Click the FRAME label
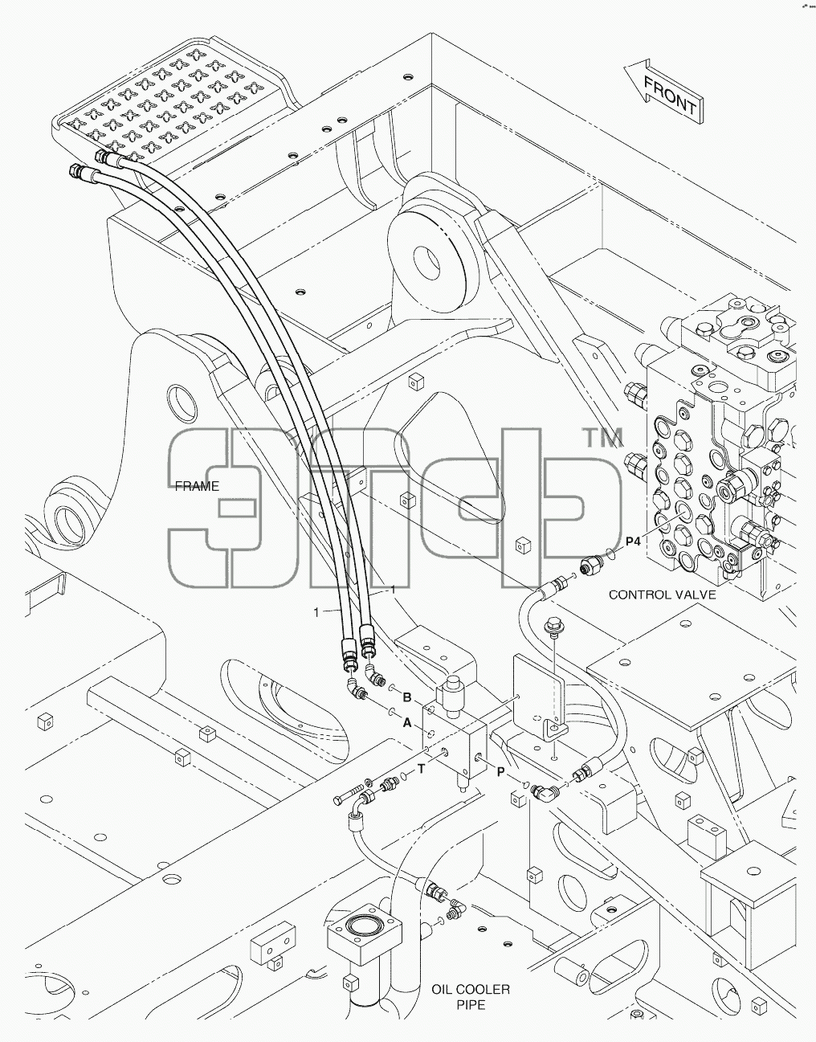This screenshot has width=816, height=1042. pos(197,486)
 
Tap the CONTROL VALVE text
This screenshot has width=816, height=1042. pos(662,595)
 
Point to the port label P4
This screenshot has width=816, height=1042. pos(633,541)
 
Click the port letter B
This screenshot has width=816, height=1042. pos(407,697)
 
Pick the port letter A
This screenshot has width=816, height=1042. pos(407,722)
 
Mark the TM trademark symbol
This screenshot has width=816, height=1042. pos(603,437)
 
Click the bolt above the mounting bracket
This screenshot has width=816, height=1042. pos(553,627)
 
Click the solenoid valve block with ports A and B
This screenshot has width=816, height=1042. pos(455,729)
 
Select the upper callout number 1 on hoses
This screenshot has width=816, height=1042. pos(394,590)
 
